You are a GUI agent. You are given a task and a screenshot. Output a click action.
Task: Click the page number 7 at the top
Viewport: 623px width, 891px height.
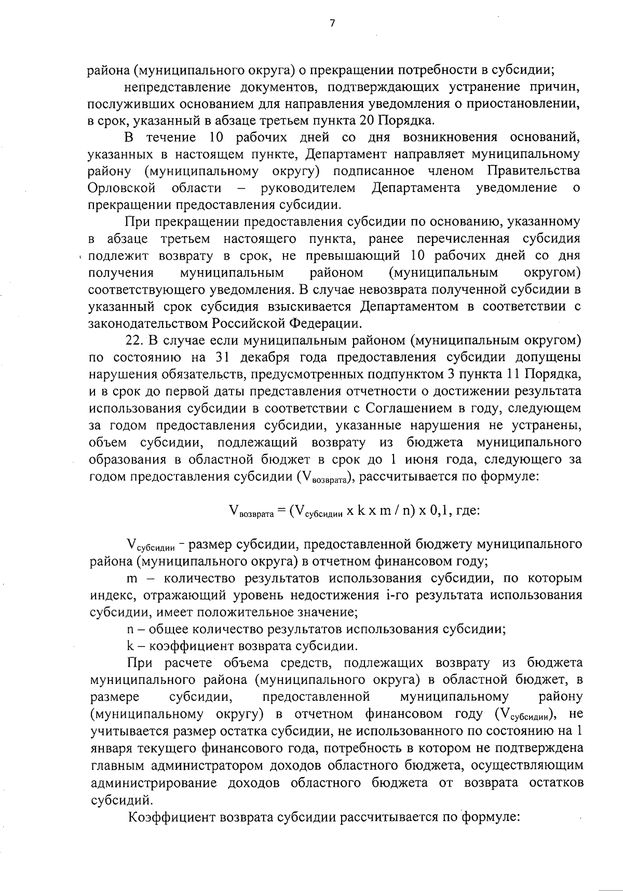pos(332,22)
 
